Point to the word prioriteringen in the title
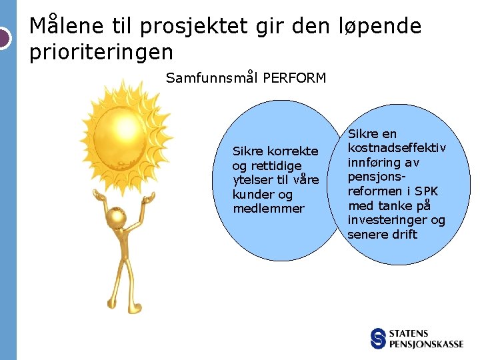101,51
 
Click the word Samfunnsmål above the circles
212,78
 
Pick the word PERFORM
295,78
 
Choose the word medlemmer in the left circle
268,209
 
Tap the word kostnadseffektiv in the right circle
397,148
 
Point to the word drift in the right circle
404,235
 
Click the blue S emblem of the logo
379,338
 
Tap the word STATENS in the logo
409,333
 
